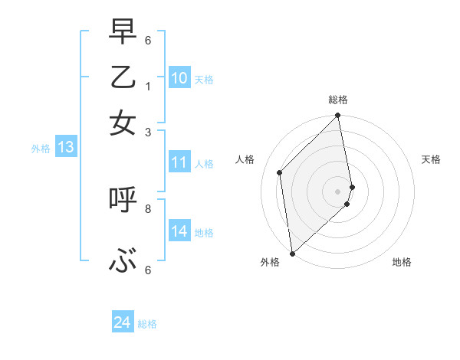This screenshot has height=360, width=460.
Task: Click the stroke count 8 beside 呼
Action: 148,208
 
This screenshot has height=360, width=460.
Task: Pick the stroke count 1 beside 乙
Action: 148,87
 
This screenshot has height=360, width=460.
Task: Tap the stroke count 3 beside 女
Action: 148,132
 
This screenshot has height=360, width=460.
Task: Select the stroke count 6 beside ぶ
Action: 148,270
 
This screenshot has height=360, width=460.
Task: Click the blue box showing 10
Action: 179,78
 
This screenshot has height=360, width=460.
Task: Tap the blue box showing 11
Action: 179,162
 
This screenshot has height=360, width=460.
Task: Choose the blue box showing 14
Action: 179,231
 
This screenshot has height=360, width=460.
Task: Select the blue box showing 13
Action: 65,147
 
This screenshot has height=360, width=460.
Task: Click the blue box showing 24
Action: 122,323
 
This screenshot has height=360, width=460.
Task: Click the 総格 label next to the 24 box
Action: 147,324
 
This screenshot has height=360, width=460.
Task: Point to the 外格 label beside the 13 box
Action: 41,149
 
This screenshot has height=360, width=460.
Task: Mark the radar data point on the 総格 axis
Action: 338,116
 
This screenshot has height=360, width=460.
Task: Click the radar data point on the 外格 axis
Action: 292,253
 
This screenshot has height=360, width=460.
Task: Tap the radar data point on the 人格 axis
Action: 280,172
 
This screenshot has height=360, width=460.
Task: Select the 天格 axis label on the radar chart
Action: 431,159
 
